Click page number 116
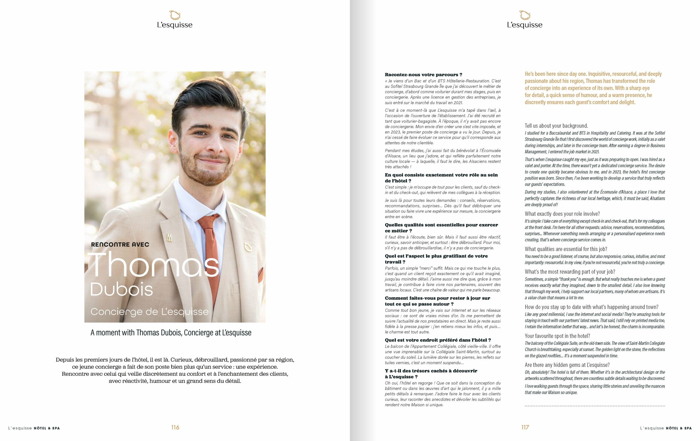click(x=175, y=427)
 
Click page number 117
click(x=525, y=427)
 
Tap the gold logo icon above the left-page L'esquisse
click(x=175, y=15)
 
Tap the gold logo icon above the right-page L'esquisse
click(x=525, y=15)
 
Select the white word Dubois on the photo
click(x=121, y=289)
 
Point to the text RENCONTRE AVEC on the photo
click(x=120, y=245)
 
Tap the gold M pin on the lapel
click(x=169, y=238)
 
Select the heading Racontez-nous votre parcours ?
click(x=423, y=75)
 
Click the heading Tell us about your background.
click(x=556, y=126)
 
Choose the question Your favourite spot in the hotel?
click(x=557, y=336)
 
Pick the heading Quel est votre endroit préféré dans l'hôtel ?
click(x=438, y=340)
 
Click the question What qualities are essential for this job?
click(x=566, y=249)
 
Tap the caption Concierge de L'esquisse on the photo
click(x=149, y=312)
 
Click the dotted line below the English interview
click(x=595, y=406)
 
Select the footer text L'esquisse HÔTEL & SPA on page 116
click(x=34, y=428)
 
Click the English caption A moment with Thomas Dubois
click(x=171, y=333)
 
